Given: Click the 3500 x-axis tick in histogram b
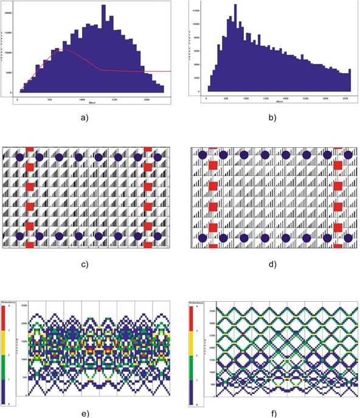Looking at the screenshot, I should (345, 97).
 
